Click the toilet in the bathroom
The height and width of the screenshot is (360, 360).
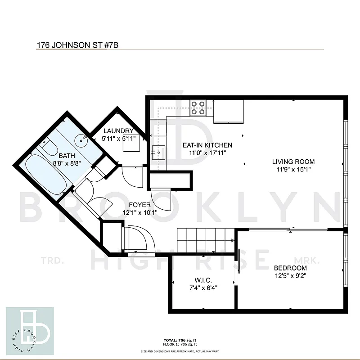49,146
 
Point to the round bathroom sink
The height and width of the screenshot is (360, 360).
81,139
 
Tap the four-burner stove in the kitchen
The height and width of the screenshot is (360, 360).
198,108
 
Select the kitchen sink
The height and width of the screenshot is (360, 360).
158,152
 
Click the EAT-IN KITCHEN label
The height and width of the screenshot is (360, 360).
207,145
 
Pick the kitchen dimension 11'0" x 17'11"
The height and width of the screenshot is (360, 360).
207,153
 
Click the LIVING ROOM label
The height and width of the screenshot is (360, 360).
293,162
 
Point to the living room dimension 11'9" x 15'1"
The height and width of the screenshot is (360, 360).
293,170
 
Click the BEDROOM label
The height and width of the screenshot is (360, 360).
290,268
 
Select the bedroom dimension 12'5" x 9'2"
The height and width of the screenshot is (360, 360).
290,276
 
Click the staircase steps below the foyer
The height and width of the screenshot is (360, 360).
205,240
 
